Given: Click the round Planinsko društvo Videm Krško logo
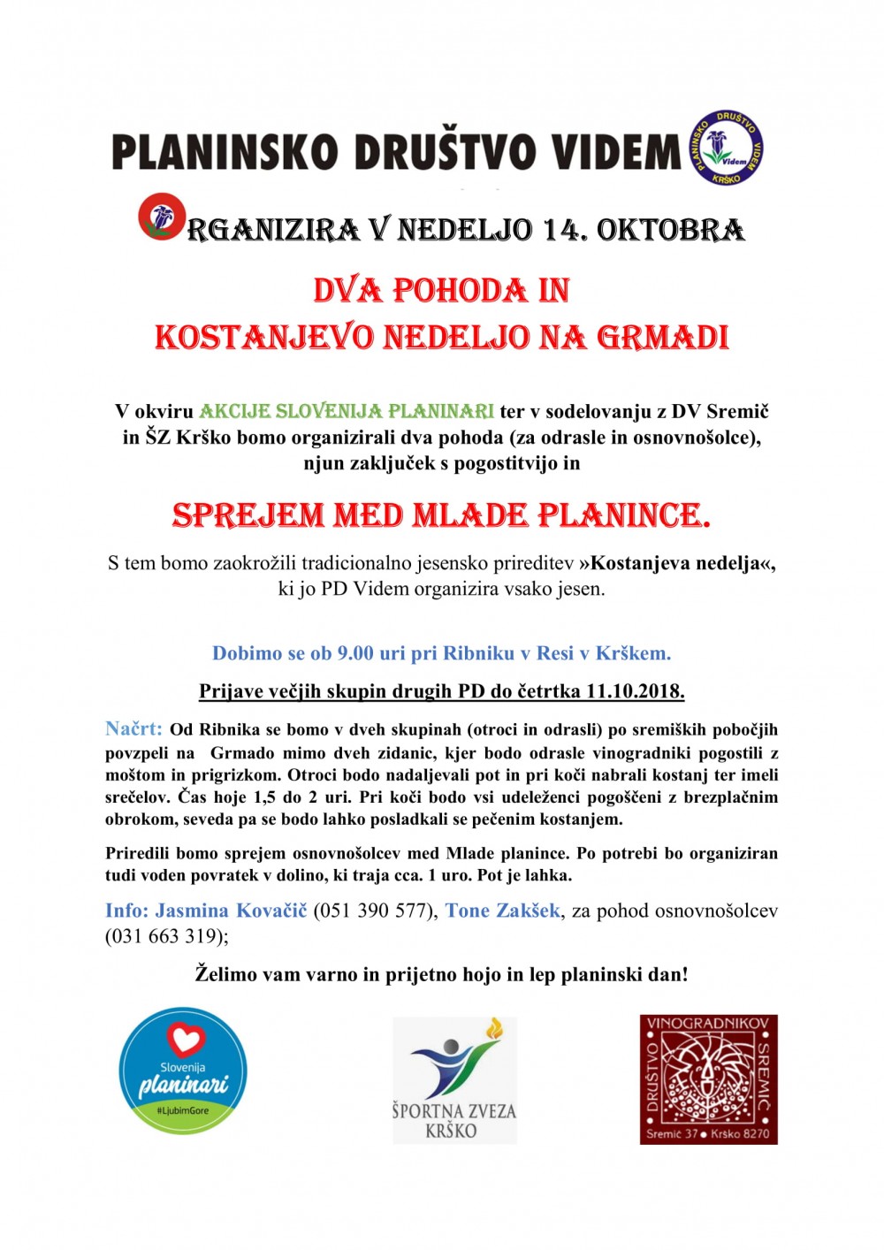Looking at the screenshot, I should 726,149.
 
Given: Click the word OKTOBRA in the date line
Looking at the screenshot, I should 670,230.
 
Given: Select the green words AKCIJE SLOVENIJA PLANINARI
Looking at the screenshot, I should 347,411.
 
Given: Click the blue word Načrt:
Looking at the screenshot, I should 133,729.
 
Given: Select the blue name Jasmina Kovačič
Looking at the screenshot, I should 231,911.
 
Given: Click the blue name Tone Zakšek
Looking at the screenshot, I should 502,911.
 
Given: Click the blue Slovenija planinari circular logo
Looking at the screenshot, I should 183,1071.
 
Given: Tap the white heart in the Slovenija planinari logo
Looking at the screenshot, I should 185,1039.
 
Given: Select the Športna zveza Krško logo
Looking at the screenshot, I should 454,1080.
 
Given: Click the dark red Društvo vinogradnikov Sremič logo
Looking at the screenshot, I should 708,1079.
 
